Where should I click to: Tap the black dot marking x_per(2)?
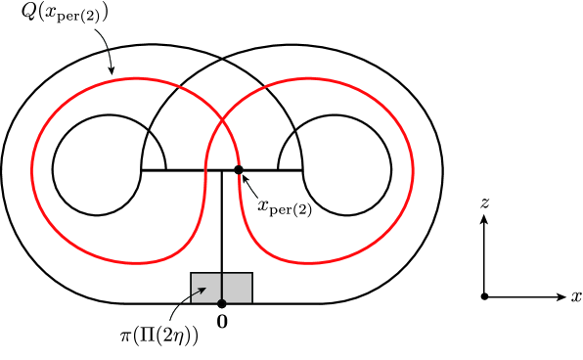pos(239,170)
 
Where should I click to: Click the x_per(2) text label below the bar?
pos(284,206)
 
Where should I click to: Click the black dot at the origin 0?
pos(222,303)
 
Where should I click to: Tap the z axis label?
pos(484,202)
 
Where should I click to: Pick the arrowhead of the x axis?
pos(559,295)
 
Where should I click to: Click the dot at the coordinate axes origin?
pos(484,295)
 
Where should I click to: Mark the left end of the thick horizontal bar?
pos(143,170)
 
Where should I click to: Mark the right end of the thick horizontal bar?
pos(302,170)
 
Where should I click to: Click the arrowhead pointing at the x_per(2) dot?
pos(245,176)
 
